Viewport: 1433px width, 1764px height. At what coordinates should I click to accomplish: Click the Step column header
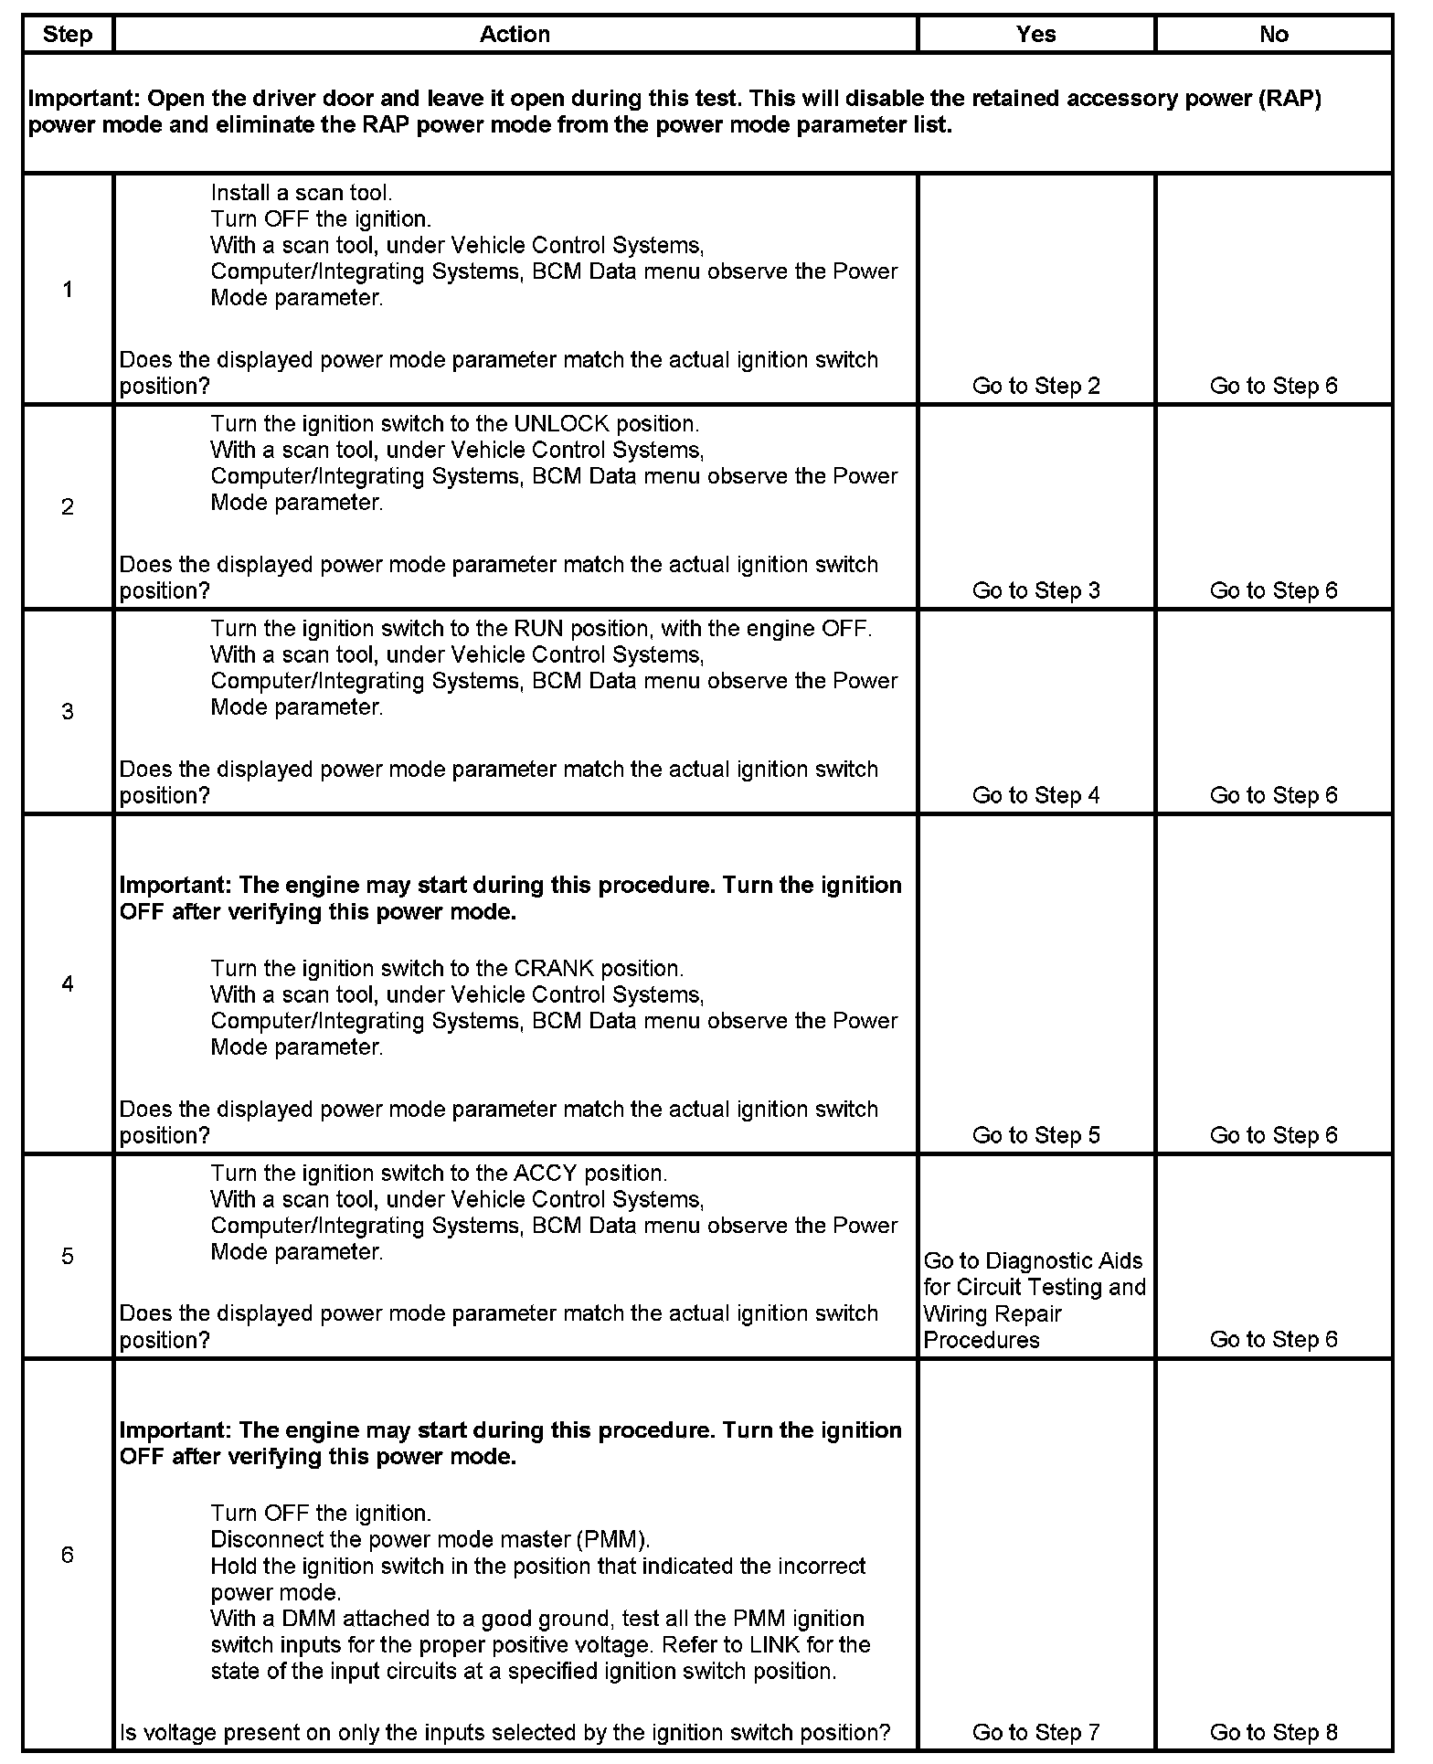[x=68, y=35]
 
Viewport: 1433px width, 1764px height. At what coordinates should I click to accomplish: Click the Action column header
[x=515, y=35]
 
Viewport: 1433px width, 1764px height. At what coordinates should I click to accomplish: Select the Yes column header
[x=1035, y=35]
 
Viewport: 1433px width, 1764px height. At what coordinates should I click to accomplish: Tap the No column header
[x=1273, y=35]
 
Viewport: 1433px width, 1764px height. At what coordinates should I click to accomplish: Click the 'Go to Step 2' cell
[x=1035, y=386]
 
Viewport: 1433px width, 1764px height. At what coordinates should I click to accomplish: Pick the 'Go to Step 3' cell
[x=1035, y=590]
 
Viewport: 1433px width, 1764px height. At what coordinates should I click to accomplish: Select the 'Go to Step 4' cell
[x=1035, y=795]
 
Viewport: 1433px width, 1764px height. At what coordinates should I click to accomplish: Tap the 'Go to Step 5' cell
[x=1035, y=1135]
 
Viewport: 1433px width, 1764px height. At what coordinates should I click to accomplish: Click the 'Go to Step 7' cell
[x=1035, y=1732]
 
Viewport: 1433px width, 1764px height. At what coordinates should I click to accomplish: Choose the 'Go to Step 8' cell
[x=1273, y=1732]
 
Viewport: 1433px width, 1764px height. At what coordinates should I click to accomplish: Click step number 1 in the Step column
[x=68, y=290]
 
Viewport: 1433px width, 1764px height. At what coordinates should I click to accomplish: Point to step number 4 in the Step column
[x=68, y=984]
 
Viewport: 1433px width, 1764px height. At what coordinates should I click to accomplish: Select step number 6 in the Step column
[x=68, y=1555]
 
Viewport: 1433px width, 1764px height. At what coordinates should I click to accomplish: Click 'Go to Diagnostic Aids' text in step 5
[x=1033, y=1261]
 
